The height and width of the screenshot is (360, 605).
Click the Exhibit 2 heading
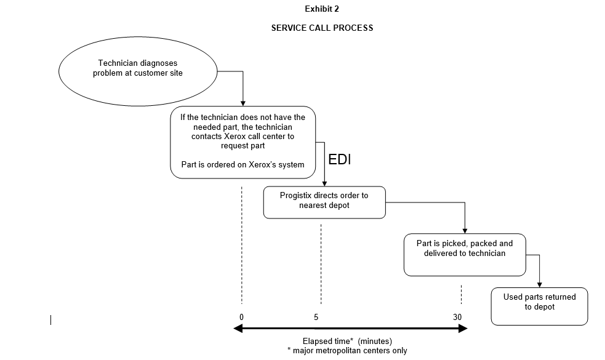point(322,9)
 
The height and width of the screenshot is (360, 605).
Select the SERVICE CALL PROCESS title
point(322,28)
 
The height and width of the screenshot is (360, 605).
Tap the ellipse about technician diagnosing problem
point(138,72)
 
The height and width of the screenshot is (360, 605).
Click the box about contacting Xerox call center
point(242,142)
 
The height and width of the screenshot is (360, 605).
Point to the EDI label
point(340,160)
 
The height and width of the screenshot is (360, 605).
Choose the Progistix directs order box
point(324,202)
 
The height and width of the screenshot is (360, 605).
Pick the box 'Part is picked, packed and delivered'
point(465,254)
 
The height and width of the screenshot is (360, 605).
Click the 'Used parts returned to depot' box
point(539,306)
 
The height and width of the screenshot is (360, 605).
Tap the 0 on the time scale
point(242,317)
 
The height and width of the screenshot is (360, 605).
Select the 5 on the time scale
point(316,317)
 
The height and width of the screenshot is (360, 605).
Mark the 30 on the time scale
point(457,317)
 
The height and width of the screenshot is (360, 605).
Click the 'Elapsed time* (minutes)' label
point(347,341)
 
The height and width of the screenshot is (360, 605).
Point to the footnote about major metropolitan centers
point(347,351)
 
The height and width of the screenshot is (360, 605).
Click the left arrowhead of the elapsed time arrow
point(237,329)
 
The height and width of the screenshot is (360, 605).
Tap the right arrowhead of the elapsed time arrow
point(463,329)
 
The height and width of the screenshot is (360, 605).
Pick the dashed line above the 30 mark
point(461,294)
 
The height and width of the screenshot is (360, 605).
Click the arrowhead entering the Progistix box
point(324,183)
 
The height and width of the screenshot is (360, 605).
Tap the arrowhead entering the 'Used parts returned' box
point(539,284)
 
